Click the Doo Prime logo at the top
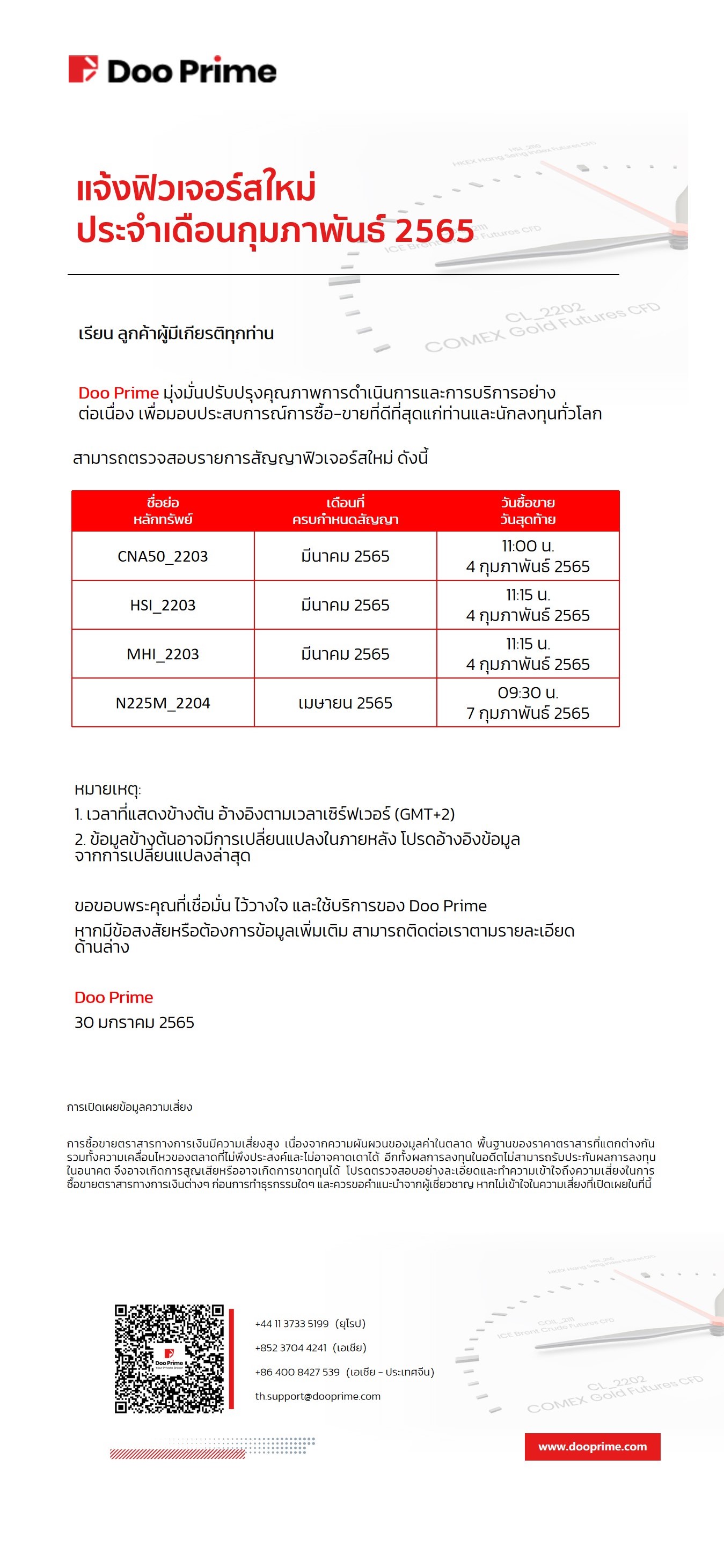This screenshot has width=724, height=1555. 172,70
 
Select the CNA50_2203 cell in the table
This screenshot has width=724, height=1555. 163,556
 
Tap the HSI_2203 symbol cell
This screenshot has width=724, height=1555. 163,605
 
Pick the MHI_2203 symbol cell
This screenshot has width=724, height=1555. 163,654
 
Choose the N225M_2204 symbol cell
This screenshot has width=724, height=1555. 163,703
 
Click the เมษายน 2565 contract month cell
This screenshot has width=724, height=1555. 345,703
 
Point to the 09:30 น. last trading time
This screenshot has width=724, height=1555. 528,693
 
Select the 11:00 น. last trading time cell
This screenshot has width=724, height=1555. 528,546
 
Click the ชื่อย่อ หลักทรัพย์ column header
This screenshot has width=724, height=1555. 163,511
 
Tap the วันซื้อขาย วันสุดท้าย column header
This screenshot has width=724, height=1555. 528,511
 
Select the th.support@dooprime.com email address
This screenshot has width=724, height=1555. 318,1396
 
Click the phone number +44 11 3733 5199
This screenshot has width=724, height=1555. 291,1324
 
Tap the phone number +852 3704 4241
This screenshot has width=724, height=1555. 290,1348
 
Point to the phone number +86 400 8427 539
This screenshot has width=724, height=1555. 297,1372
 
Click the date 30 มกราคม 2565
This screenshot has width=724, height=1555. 134,1022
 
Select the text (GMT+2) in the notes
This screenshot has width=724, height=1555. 425,814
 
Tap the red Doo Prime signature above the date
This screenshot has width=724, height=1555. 114,997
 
